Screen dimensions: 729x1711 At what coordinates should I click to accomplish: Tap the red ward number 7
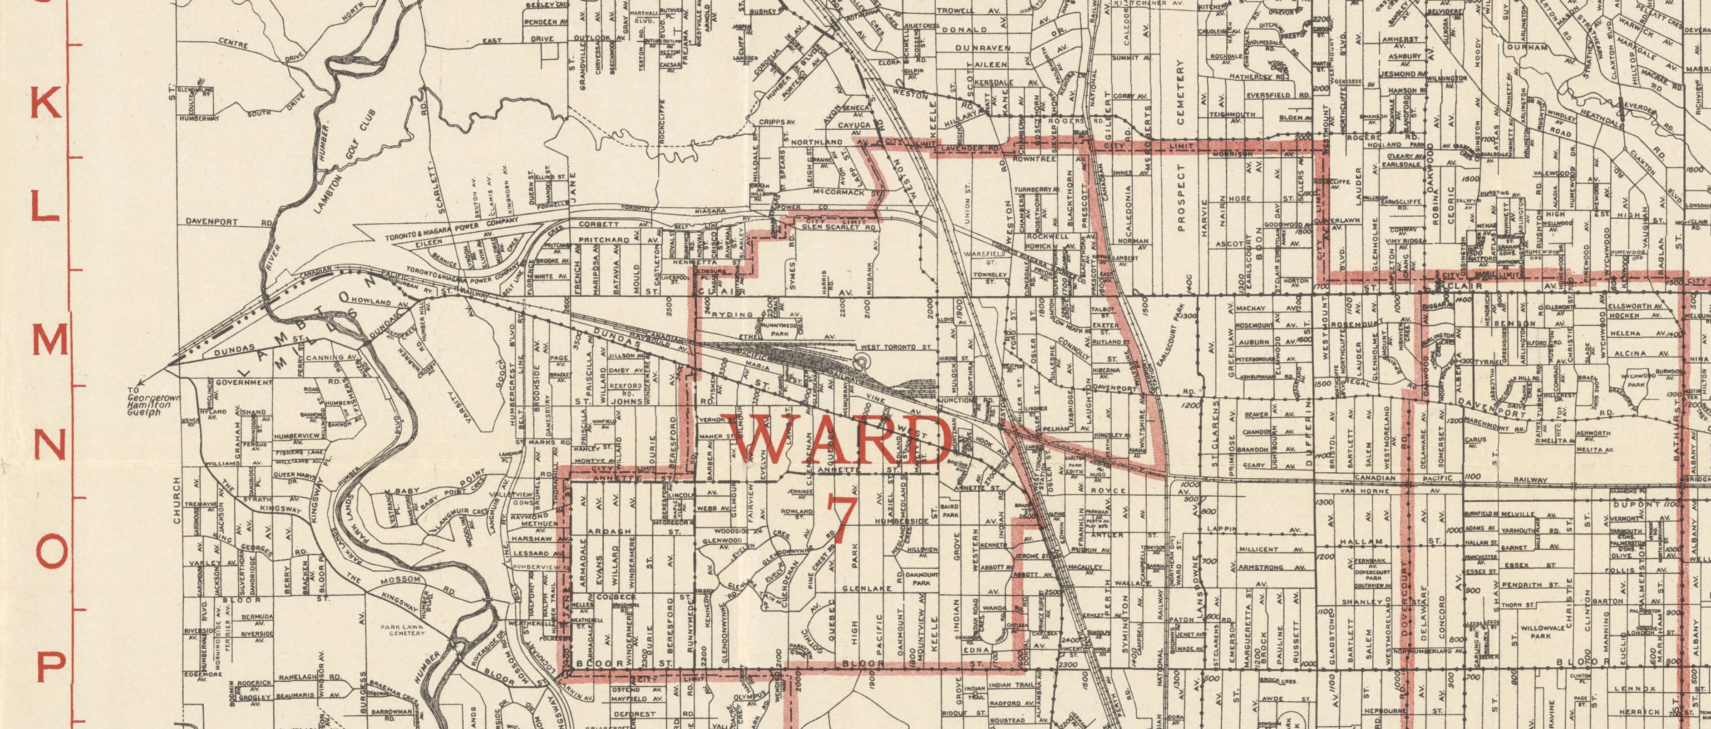[840, 519]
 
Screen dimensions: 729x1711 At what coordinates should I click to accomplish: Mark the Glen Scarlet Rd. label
[830, 227]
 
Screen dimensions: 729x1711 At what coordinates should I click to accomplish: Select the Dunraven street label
[983, 48]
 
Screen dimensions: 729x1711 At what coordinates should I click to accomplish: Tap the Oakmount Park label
[921, 577]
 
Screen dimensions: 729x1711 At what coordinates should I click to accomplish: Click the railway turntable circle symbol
[861, 362]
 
